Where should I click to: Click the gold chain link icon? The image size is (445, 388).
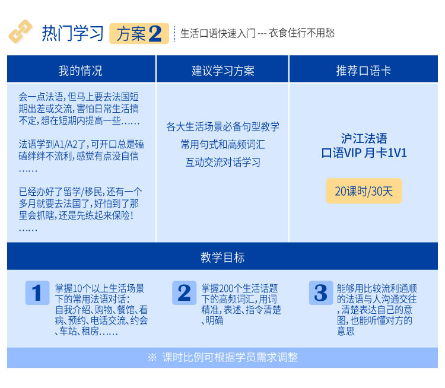pos(20,31)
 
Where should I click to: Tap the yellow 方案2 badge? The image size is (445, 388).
pos(139,33)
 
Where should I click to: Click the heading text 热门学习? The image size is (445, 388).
pos(72,33)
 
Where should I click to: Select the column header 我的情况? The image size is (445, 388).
pos(81,71)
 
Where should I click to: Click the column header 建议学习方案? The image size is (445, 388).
pos(223,71)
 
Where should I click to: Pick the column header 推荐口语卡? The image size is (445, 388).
pos(364,71)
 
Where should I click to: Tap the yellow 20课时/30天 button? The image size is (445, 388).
pos(364,191)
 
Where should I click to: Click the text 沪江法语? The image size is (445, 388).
pos(364,138)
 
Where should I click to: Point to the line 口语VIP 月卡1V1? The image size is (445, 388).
pos(364,153)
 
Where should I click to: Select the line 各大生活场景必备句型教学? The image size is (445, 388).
pos(223,126)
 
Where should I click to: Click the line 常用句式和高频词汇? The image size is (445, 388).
pos(223,145)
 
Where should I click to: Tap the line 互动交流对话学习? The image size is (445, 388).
pos(223,163)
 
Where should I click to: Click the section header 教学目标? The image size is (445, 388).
pos(223,257)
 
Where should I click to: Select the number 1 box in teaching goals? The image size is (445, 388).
pos(37,293)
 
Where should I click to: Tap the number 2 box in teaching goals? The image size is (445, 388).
pos(184,293)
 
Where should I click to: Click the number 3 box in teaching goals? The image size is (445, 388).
pos(321,293)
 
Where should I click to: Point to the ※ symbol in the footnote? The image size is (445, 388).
pos(152,357)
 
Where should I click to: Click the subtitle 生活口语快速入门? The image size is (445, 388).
pos(218,33)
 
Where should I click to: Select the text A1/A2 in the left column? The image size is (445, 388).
pos(65,145)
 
